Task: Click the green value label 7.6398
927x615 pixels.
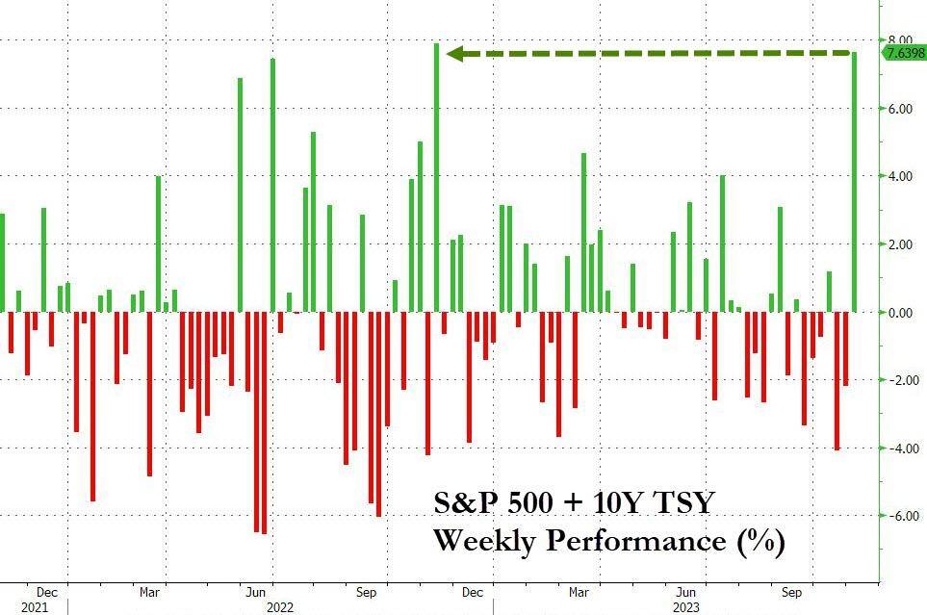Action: tap(904, 53)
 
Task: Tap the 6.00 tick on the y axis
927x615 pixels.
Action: tap(900, 109)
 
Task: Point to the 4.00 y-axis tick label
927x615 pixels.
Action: tap(900, 177)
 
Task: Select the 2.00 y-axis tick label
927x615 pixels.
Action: tap(900, 244)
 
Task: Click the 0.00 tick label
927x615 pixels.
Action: tap(900, 313)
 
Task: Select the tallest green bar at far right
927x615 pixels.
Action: tap(855, 182)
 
